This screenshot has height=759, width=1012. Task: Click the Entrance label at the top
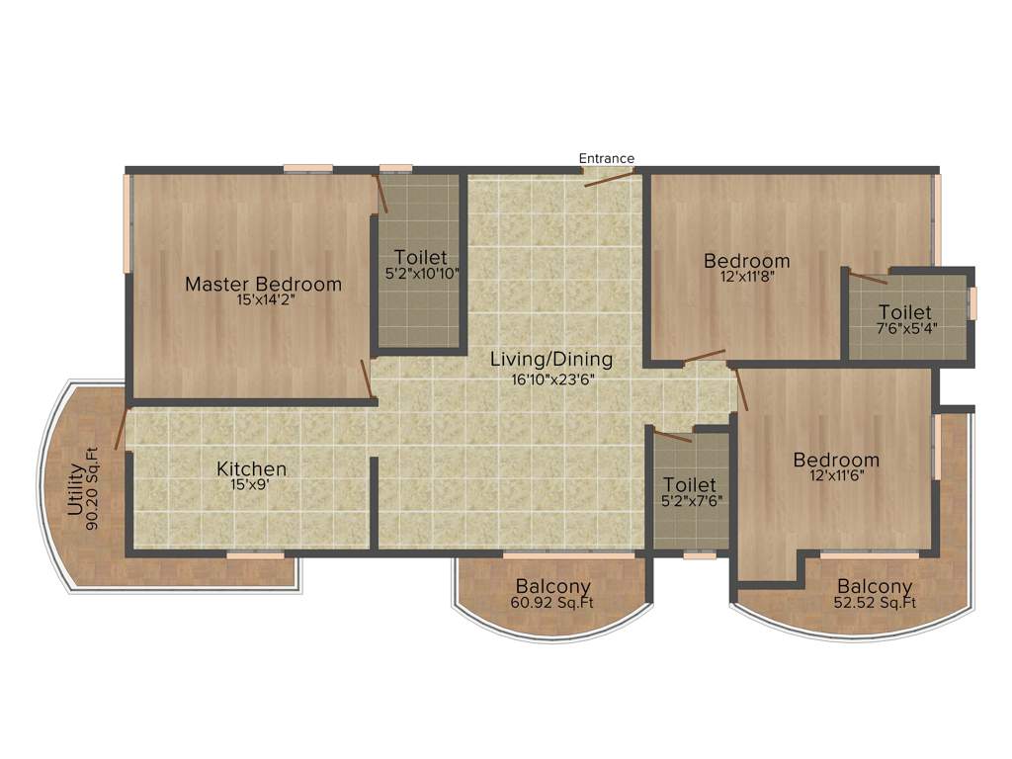coord(606,158)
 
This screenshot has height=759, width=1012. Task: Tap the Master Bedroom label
coord(264,285)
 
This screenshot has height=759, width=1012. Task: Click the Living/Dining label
coord(551,360)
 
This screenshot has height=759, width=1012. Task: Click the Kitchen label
coord(252,468)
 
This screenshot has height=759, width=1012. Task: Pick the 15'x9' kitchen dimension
coord(252,484)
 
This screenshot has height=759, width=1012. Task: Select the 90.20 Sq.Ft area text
coord(92,490)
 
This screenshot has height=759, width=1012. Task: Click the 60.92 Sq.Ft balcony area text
coord(552,603)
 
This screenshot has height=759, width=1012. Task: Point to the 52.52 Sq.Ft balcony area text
coord(875,603)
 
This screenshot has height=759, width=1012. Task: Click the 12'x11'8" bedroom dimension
coord(746,277)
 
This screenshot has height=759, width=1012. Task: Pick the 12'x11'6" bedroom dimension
coord(836,475)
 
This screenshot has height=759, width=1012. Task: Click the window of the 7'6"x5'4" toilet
coord(972,302)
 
